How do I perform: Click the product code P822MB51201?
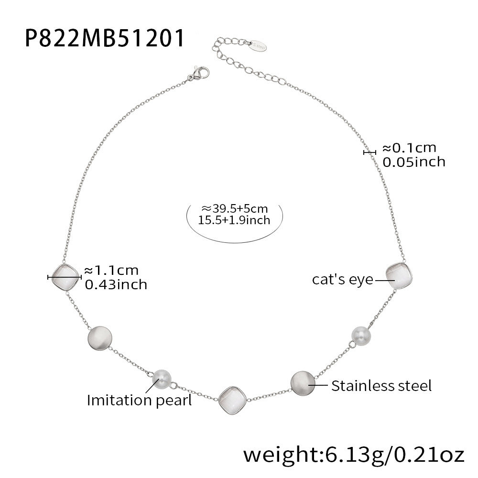pos(105,38)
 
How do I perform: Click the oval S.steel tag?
pos(258,46)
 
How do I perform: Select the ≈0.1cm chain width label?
pos(410,148)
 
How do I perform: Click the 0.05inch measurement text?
pos(414,162)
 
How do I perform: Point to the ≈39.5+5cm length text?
pos(234,208)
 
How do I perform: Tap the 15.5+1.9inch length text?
pos(234,220)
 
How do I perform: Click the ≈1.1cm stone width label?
pos(111,271)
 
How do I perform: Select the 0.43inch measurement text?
pos(116,285)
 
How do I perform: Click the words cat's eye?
pos(343,280)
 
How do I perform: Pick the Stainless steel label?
pos(381,386)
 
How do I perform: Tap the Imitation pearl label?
pos(139,400)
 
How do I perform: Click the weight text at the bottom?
pos(354,455)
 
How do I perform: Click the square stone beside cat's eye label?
pos(399,276)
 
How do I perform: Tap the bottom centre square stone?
pos(233,401)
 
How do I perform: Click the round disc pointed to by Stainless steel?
pos(303,383)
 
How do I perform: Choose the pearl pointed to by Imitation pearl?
pos(162,379)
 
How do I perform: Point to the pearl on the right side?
pos(361,336)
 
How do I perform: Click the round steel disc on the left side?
pos(100,338)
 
